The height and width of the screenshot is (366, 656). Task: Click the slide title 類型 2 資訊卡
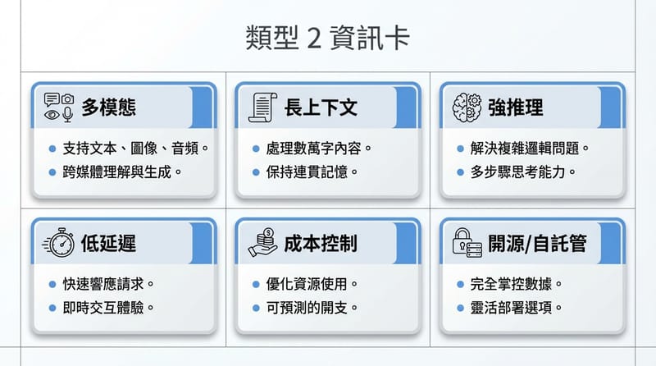pyautogui.click(x=327, y=38)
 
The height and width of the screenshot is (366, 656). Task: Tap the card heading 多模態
pyautogui.click(x=108, y=108)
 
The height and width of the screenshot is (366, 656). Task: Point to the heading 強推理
pyautogui.click(x=515, y=108)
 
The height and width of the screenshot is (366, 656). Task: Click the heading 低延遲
pyautogui.click(x=108, y=244)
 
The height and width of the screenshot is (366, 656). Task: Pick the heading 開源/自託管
pyautogui.click(x=537, y=244)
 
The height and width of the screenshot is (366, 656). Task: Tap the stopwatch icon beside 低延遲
pyautogui.click(x=60, y=244)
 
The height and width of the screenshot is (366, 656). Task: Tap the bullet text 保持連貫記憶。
pyautogui.click(x=312, y=172)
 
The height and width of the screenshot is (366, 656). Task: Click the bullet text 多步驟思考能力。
pyautogui.click(x=522, y=172)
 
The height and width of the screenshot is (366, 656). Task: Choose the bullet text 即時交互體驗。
pyautogui.click(x=109, y=308)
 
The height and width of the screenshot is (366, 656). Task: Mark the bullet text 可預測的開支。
pyautogui.click(x=312, y=308)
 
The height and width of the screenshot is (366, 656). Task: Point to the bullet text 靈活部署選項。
pyautogui.click(x=517, y=308)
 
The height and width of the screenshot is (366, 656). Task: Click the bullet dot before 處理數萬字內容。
pyautogui.click(x=257, y=149)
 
